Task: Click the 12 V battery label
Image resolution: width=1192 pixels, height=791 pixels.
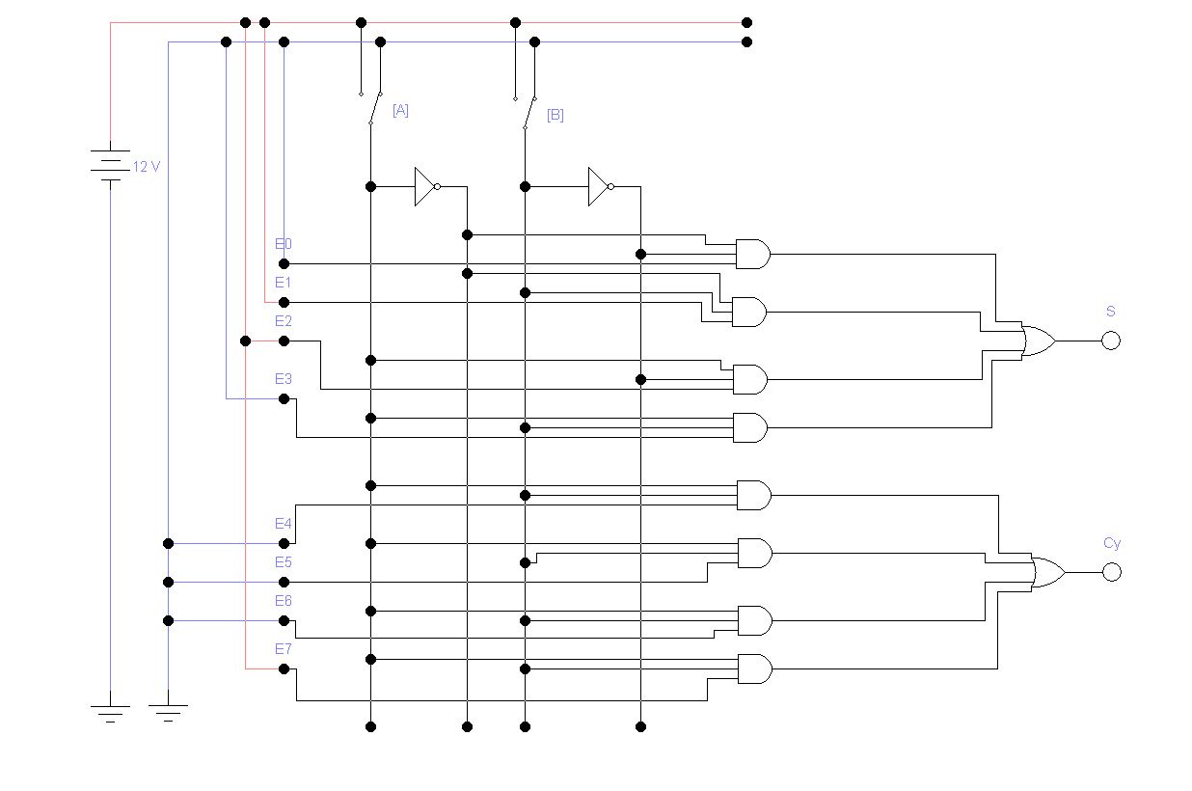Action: [147, 167]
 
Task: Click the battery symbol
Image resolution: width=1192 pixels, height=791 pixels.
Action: [110, 166]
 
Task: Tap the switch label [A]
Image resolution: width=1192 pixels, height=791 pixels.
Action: [400, 110]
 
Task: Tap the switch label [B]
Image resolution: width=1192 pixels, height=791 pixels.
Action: [555, 115]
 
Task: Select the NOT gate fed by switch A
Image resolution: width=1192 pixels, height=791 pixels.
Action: [427, 187]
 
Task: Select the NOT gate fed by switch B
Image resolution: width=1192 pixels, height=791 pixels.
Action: [601, 187]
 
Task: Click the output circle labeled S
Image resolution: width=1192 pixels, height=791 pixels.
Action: [1111, 341]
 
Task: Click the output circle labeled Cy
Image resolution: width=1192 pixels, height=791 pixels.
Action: [1112, 572]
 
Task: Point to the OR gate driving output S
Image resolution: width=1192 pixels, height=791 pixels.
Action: [1039, 341]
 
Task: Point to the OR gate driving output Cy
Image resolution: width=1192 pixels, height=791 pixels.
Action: [1048, 572]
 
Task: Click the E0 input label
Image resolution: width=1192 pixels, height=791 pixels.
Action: [284, 244]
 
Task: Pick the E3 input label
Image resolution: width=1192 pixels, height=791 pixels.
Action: [284, 379]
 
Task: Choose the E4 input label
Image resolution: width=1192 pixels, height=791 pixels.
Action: [284, 524]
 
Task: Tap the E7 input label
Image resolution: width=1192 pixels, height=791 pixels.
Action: [284, 649]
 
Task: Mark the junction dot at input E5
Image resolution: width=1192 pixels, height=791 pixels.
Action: [284, 583]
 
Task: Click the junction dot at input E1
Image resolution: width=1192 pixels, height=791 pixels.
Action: [284, 302]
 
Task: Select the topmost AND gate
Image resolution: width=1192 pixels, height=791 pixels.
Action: [753, 254]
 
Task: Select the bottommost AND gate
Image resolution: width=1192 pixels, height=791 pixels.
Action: [755, 668]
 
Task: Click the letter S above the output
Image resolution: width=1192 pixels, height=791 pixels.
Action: [1111, 312]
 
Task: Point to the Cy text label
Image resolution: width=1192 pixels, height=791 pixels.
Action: [1112, 543]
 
